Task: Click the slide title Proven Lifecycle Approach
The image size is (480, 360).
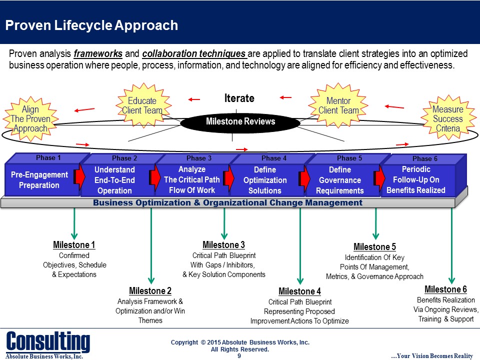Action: click(x=91, y=25)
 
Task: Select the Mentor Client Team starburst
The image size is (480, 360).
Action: click(x=338, y=105)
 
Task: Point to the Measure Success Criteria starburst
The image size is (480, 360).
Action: click(x=447, y=119)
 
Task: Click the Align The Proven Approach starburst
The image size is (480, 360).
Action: click(x=30, y=119)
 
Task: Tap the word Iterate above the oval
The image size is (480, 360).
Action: click(x=239, y=98)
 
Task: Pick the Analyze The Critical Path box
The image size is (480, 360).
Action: click(x=191, y=180)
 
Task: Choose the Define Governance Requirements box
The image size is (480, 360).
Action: click(x=339, y=180)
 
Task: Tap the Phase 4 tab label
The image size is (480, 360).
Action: click(x=274, y=158)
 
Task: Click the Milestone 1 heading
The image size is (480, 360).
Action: click(x=74, y=245)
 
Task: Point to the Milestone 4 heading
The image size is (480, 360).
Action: click(x=299, y=291)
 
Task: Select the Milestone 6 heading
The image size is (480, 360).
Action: click(x=445, y=289)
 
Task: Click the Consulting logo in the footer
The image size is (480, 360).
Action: click(x=48, y=341)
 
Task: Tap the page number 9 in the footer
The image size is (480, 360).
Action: click(x=239, y=356)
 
